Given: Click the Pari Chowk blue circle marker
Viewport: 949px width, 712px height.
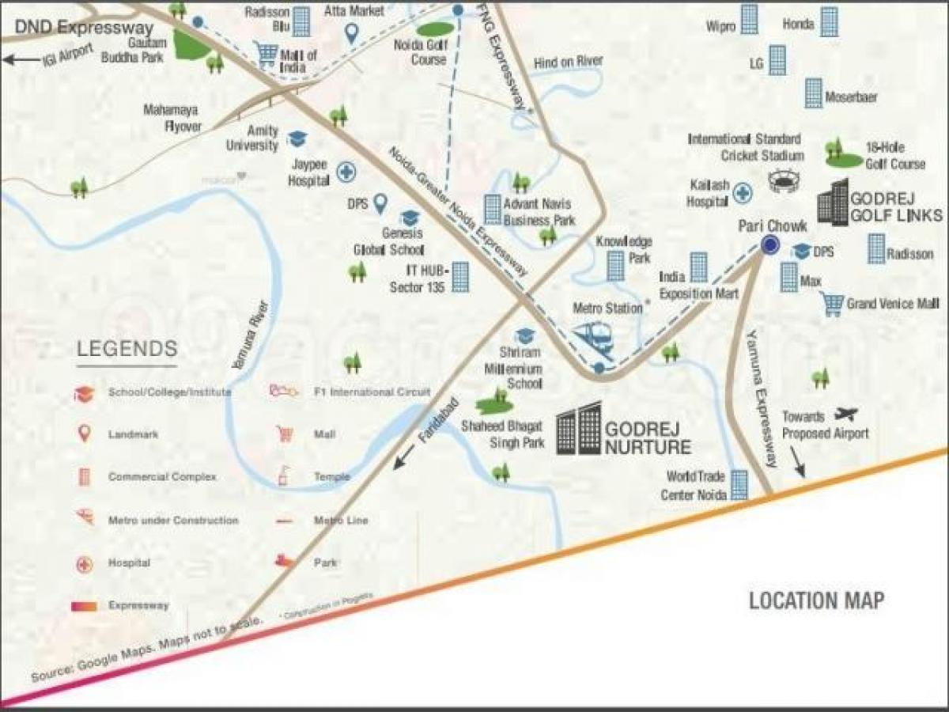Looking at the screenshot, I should (769, 245).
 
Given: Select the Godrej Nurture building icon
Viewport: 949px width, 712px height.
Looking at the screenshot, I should (578, 431).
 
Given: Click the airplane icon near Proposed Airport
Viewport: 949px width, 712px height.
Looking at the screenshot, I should (845, 414).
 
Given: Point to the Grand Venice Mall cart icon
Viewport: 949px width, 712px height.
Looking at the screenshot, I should (831, 304).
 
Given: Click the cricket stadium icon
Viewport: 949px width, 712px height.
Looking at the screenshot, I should (784, 181).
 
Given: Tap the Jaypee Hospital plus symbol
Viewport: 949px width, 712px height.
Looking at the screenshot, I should (345, 171).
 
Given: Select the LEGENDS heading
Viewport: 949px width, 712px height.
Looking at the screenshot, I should (127, 349).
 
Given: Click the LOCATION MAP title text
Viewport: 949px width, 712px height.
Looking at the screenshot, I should (816, 600).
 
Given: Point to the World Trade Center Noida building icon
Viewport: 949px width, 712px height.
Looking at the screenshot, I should (739, 484).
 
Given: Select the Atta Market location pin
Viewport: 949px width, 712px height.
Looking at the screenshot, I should (353, 33).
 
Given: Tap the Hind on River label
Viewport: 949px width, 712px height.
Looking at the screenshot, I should (568, 62).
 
